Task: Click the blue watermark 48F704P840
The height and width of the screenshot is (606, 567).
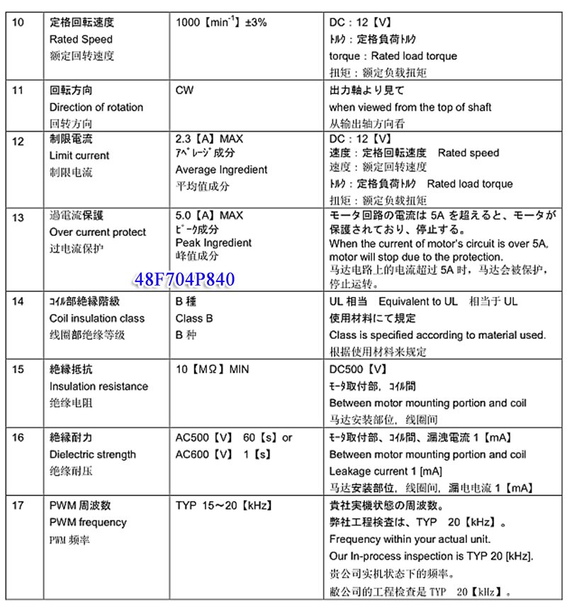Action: point(184,279)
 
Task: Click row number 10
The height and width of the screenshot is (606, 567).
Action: point(18,23)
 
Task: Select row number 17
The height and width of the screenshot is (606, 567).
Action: point(18,505)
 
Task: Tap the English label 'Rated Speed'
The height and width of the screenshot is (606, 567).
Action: point(81,40)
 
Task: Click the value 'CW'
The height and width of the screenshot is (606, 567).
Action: point(184,91)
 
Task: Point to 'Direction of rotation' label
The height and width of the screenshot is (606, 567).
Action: point(96,108)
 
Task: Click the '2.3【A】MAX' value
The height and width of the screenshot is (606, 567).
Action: point(209,139)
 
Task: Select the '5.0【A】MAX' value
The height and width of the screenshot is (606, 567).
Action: point(209,215)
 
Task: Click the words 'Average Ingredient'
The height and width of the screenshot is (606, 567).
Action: point(222,170)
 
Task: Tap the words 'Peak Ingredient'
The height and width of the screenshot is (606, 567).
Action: point(213,242)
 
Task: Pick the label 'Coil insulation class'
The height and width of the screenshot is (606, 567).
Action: point(97,319)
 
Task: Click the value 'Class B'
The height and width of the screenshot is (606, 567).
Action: point(194,319)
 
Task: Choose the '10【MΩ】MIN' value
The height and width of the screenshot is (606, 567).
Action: point(213,369)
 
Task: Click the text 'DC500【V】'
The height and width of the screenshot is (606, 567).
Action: point(359,369)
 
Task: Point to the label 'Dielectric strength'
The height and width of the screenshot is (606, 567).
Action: point(93,454)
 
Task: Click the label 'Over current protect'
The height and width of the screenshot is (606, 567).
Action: point(98,232)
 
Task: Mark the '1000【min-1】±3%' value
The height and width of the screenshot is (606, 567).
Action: point(221,23)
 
